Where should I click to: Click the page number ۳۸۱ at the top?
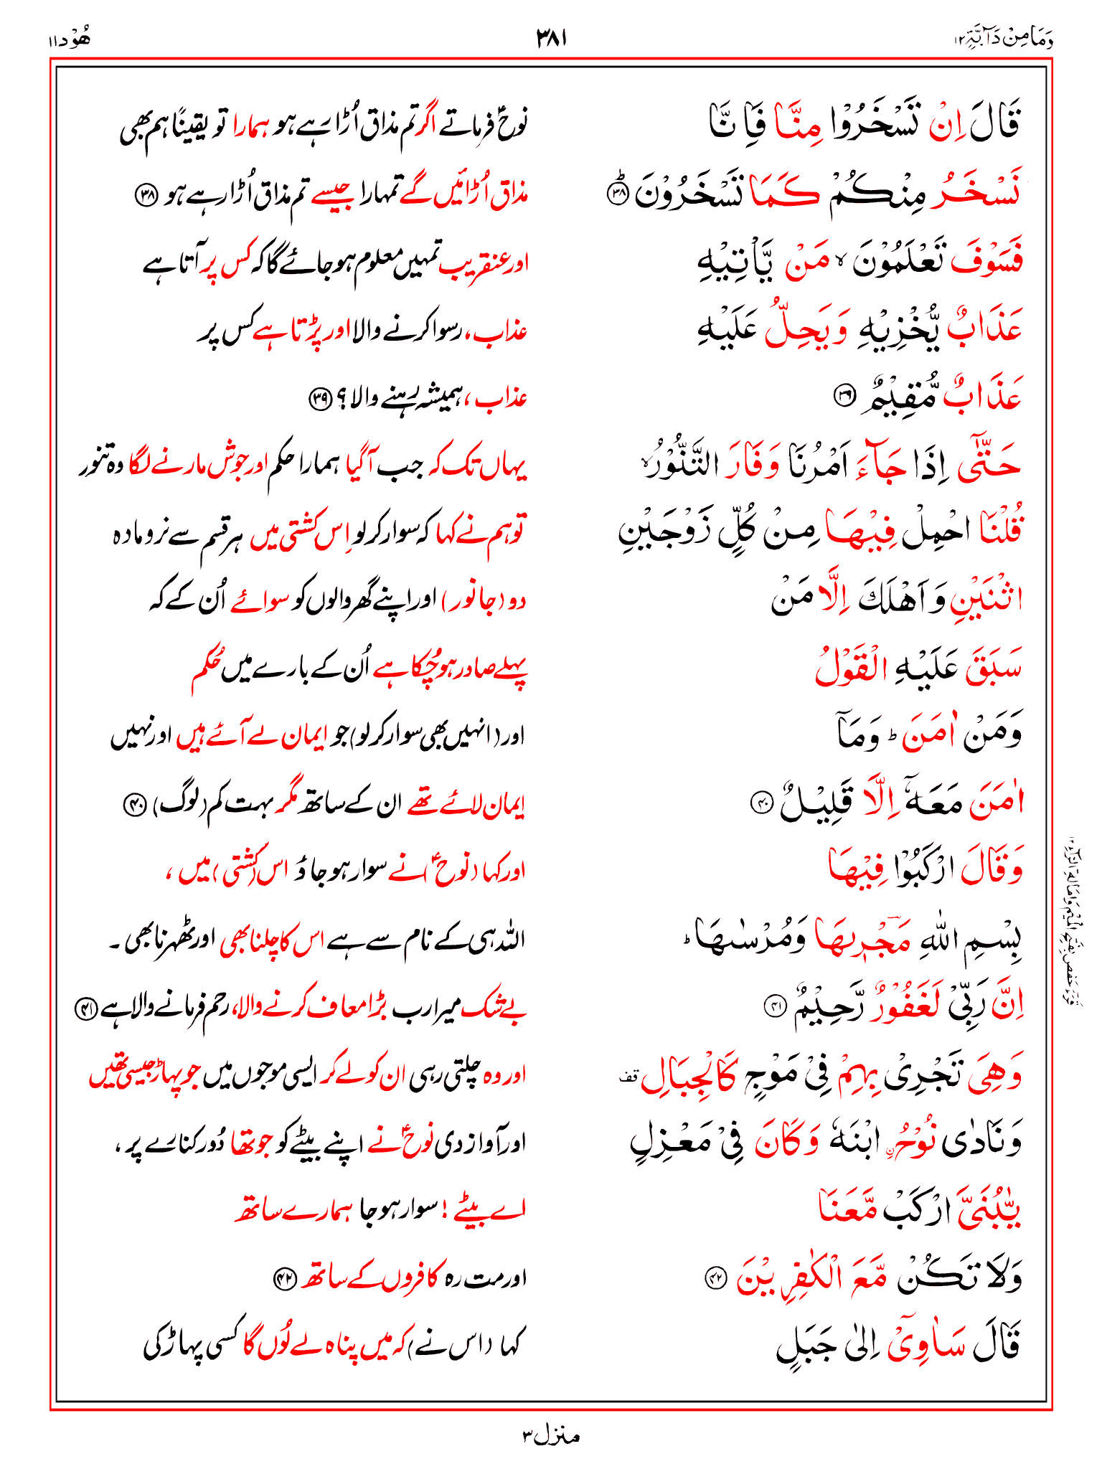(552, 38)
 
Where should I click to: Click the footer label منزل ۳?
(550, 1435)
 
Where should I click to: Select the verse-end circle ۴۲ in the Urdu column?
(284, 1278)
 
